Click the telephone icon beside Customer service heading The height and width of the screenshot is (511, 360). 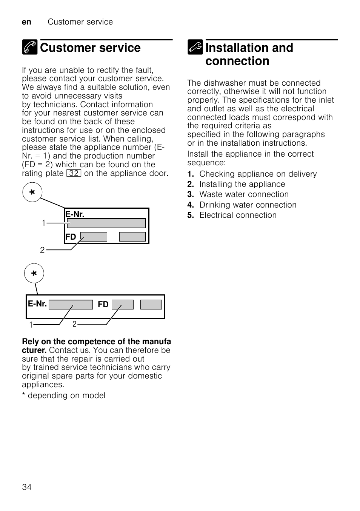click(x=29, y=48)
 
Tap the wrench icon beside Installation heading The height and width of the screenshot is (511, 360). click(x=195, y=48)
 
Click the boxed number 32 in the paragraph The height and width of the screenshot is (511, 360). click(x=74, y=173)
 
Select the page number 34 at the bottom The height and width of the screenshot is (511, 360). click(x=27, y=487)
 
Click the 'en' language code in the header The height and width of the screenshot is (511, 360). click(x=26, y=22)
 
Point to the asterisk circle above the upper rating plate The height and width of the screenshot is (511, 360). click(x=32, y=192)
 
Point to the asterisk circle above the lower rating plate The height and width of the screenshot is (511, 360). click(x=34, y=273)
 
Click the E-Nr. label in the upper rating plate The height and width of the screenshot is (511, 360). click(x=75, y=214)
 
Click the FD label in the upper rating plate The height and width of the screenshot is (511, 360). click(x=71, y=237)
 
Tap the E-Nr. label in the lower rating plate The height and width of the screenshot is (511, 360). click(x=37, y=303)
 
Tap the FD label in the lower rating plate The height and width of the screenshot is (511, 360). click(x=103, y=304)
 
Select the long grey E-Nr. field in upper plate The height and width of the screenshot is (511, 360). click(x=106, y=223)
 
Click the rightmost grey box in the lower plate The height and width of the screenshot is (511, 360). click(x=151, y=304)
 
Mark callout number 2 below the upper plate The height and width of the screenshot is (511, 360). click(x=42, y=250)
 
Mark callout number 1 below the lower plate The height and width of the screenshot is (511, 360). click(x=31, y=325)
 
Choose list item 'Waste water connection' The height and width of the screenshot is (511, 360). click(x=244, y=194)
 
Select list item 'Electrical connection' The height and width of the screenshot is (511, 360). click(x=238, y=215)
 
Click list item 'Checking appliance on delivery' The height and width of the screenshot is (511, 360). click(x=258, y=174)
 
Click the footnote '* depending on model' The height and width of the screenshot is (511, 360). click(x=64, y=396)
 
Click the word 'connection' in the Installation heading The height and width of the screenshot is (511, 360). click(x=237, y=61)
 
